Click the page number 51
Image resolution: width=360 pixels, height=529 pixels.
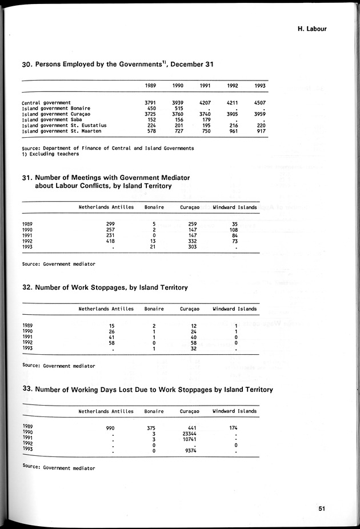coord(322,508)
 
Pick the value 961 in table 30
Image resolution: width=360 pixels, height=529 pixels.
coord(233,131)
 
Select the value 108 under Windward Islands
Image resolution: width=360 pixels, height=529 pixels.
coord(234,230)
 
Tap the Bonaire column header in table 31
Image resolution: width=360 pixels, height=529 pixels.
coord(154,207)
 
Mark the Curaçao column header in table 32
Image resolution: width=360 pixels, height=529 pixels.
coord(190,309)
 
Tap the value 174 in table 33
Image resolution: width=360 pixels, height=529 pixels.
coord(234,427)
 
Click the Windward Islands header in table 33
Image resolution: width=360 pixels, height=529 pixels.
coord(234,411)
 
